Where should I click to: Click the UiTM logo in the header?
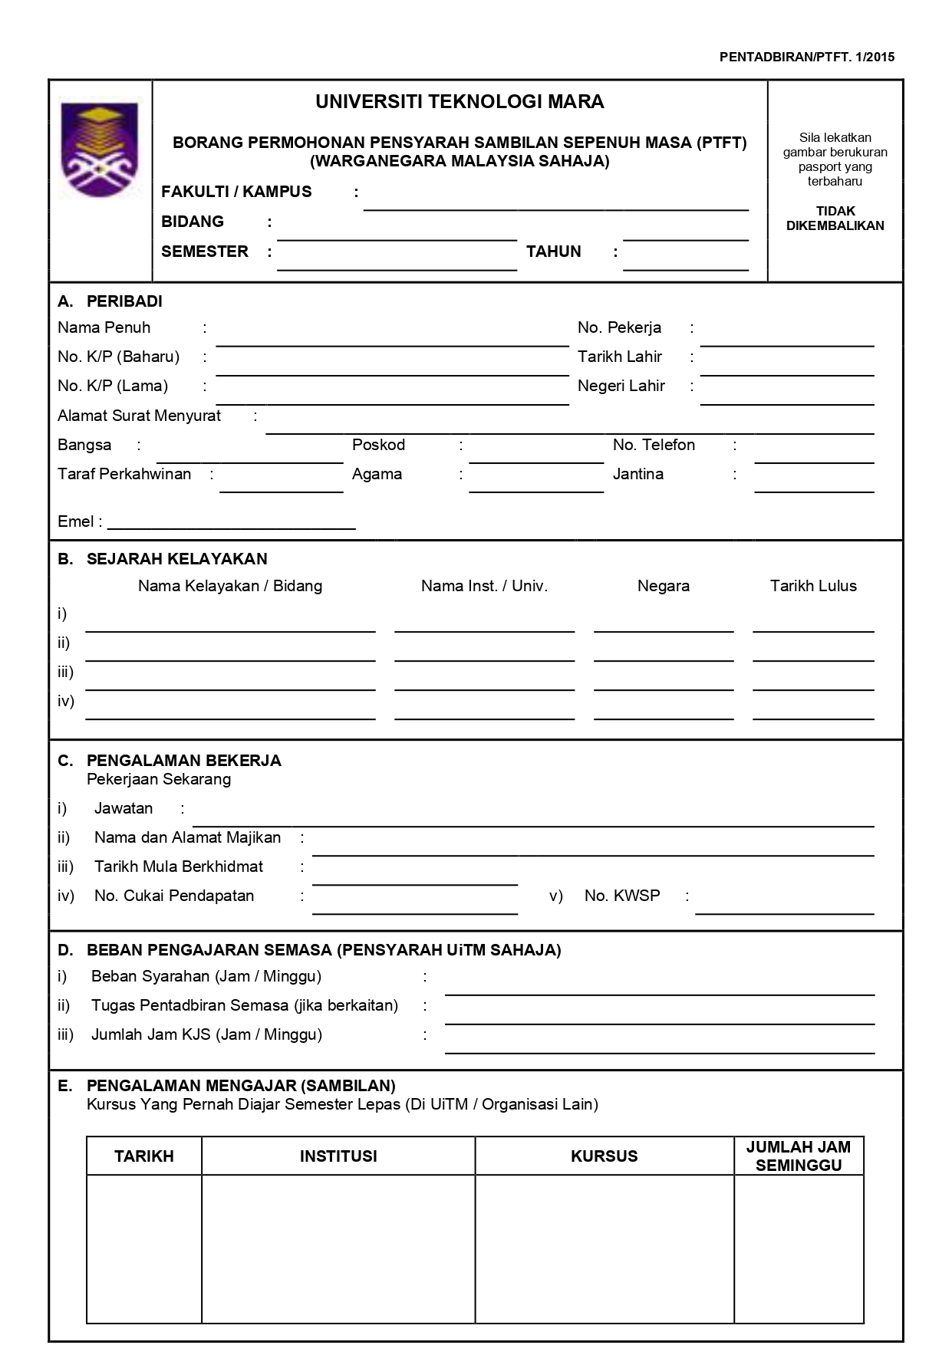(100, 150)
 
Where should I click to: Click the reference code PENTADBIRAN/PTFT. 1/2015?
(806, 57)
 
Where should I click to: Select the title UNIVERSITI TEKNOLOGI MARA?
(460, 102)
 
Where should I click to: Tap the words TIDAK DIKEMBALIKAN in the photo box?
(835, 219)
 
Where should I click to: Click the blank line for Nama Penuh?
(392, 338)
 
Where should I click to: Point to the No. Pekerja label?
(619, 328)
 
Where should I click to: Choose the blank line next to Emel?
(232, 522)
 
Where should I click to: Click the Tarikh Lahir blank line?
(787, 367)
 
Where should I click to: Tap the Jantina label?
(637, 475)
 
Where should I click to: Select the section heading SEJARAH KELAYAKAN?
(176, 559)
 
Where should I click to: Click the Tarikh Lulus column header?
(813, 587)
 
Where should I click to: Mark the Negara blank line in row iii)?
(664, 682)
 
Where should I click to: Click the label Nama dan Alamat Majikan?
(187, 838)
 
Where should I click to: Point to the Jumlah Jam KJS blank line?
(660, 1046)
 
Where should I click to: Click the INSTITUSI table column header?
(338, 1156)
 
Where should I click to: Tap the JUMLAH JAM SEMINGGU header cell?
(798, 1156)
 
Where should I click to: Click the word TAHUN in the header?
(553, 252)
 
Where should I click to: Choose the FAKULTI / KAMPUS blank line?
(555, 202)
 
